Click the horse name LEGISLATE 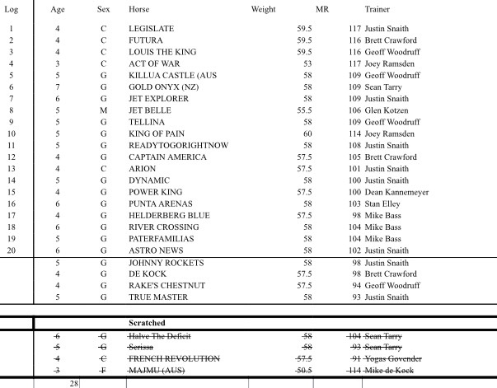coord(152,29)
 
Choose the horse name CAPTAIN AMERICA coord(163,157)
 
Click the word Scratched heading coord(148,323)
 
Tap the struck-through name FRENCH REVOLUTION coord(174,359)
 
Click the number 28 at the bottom coord(73,383)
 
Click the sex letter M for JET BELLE coord(104,110)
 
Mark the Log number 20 coord(12,250)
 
